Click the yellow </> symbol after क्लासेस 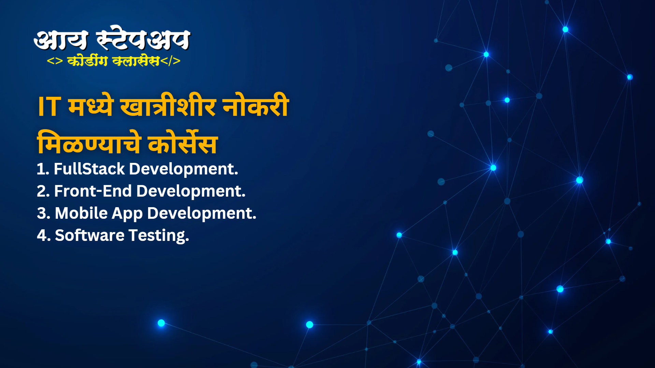tap(170, 61)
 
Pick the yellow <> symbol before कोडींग tap(55, 61)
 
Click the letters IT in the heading tap(49, 107)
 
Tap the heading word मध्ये tap(91, 106)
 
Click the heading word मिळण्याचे tap(89, 142)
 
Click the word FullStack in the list tap(89, 169)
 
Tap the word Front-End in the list tap(93, 191)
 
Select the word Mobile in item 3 tap(81, 213)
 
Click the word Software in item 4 tap(90, 235)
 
